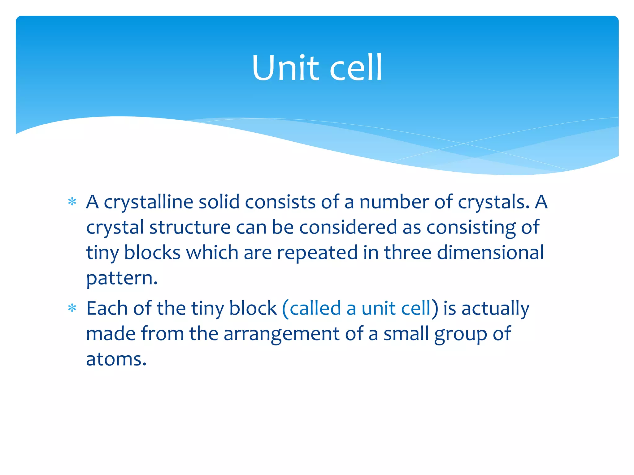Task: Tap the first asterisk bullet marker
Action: [72, 202]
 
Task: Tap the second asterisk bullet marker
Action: [72, 309]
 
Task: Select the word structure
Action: [190, 227]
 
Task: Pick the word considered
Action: [348, 227]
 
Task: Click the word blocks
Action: [152, 253]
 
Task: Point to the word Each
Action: [107, 308]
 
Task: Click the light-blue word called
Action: [315, 308]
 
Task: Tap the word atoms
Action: [116, 360]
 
